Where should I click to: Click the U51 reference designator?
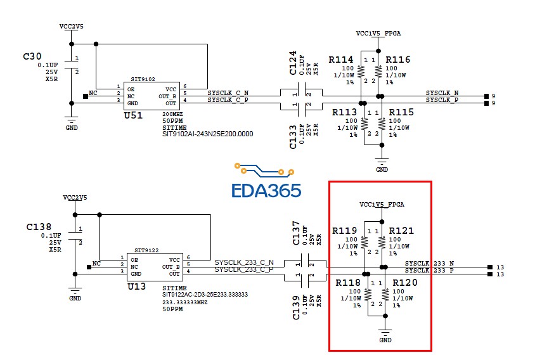click(x=133, y=115)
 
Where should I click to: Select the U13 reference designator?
click(x=136, y=286)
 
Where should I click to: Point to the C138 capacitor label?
click(x=39, y=226)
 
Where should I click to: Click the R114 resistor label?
click(x=340, y=60)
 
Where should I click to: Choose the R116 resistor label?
click(x=397, y=60)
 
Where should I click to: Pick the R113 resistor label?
click(x=345, y=112)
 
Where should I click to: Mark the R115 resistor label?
click(x=401, y=112)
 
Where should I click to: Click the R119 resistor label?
click(x=344, y=231)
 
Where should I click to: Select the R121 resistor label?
click(x=401, y=231)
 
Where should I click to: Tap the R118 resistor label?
click(x=348, y=283)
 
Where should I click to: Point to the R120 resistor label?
click(x=405, y=283)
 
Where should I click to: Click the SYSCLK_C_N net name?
click(x=228, y=93)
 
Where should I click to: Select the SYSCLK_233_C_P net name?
click(x=244, y=270)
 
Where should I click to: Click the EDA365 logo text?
click(x=266, y=190)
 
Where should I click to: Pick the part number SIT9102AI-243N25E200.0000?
click(x=207, y=134)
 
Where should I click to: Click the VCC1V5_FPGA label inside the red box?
click(x=382, y=205)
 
